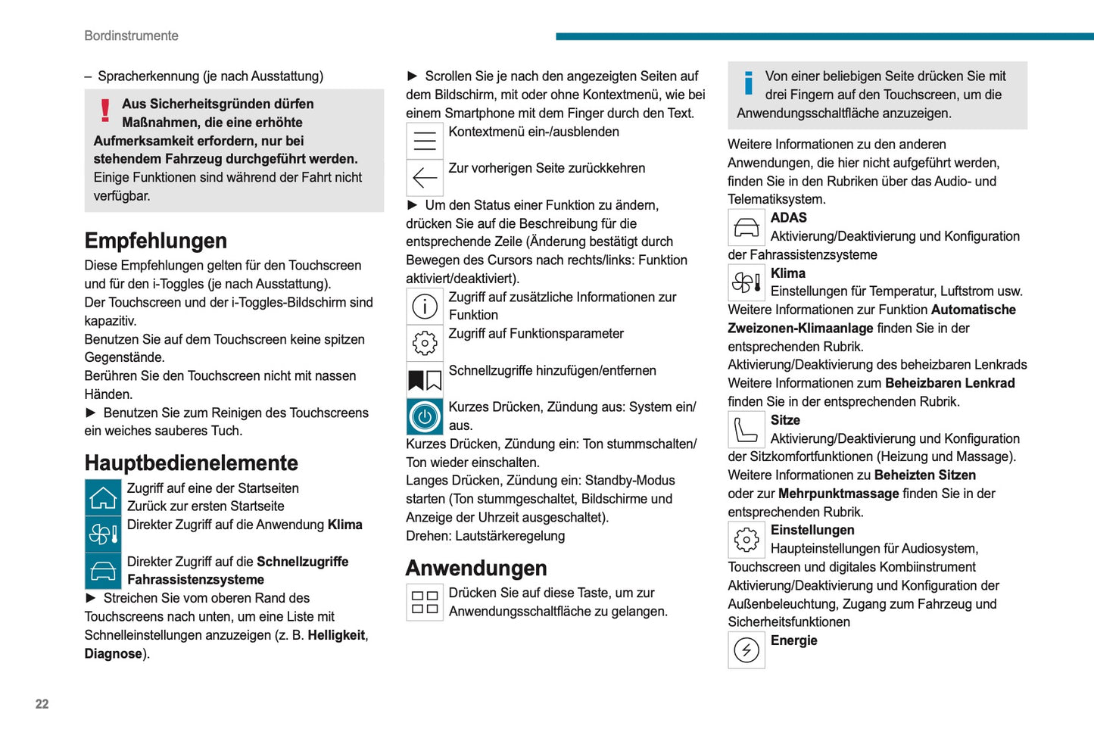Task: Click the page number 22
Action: point(42,704)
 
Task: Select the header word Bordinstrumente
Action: point(131,36)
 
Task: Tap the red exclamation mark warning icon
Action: point(105,111)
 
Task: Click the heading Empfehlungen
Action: point(155,241)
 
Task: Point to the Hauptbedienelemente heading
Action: point(191,463)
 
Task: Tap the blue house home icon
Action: point(103,498)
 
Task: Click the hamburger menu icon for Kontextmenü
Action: point(425,141)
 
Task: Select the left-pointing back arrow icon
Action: point(425,178)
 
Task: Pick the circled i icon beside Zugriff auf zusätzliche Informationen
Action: point(425,306)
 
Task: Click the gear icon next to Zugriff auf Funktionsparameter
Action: point(425,343)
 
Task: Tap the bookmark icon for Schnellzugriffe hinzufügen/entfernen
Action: point(425,380)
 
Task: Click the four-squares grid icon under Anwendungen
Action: point(425,603)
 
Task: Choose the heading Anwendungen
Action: point(476,568)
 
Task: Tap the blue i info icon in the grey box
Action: point(749,83)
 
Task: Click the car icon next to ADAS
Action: point(746,227)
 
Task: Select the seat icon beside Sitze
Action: point(746,430)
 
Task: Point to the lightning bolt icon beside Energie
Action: point(746,650)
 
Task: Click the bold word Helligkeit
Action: point(336,635)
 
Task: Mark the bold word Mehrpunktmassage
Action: point(838,494)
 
